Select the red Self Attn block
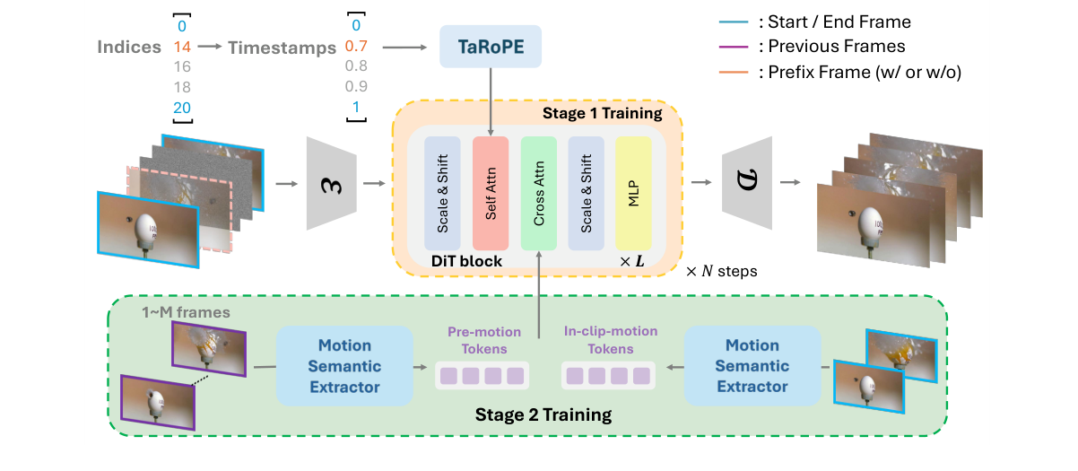[x=490, y=194]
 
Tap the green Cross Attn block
[x=538, y=194]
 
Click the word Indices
[x=129, y=48]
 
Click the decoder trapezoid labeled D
[x=747, y=184]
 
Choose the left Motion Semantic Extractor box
[x=344, y=365]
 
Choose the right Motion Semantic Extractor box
[x=752, y=365]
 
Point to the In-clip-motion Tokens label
[x=611, y=340]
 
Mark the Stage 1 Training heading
[x=602, y=114]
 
